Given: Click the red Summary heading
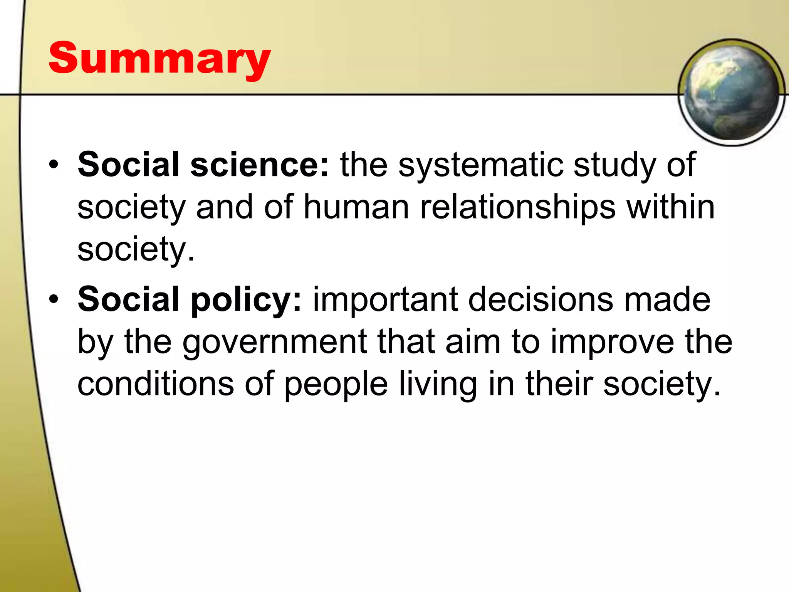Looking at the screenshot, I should point(159,59).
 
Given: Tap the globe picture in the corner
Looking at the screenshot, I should point(731,92).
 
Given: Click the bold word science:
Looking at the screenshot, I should point(260,165).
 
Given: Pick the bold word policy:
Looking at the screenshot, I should point(246,299).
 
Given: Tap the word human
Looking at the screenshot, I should point(356,207).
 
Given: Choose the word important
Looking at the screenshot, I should point(385,300).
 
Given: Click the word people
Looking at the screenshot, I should point(336,385).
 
